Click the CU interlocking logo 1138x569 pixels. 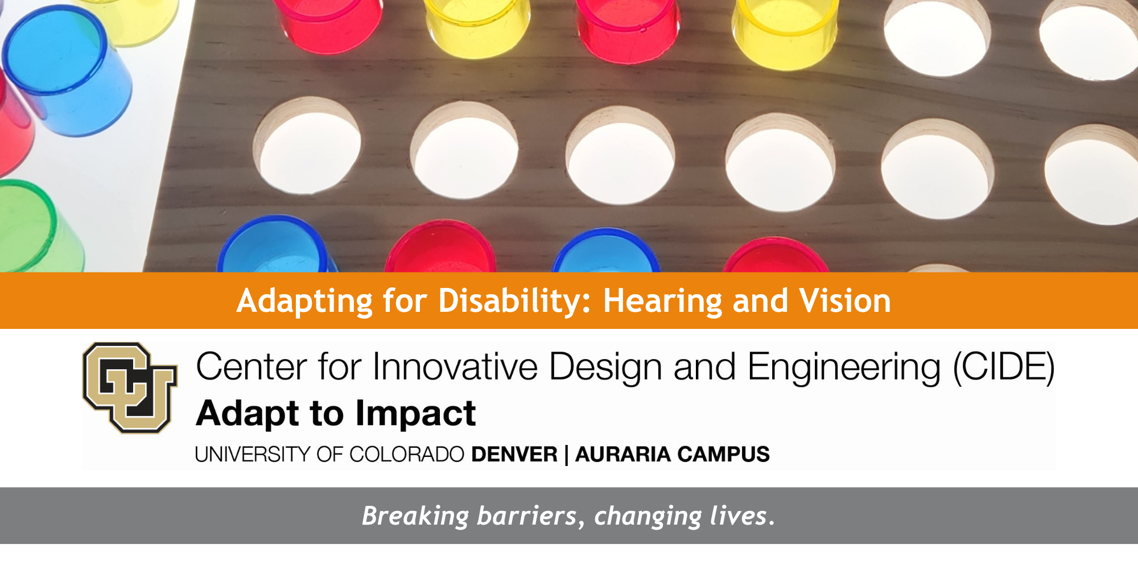pos(130,387)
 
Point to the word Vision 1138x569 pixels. pos(845,301)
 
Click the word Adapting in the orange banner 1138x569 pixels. pos(304,301)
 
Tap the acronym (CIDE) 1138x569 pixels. pos(1004,367)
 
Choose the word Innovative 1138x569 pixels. pos(455,366)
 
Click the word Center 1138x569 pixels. pos(251,366)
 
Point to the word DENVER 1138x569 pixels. pos(514,455)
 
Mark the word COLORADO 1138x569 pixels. pos(407,455)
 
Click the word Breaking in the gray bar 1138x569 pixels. pos(416,517)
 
